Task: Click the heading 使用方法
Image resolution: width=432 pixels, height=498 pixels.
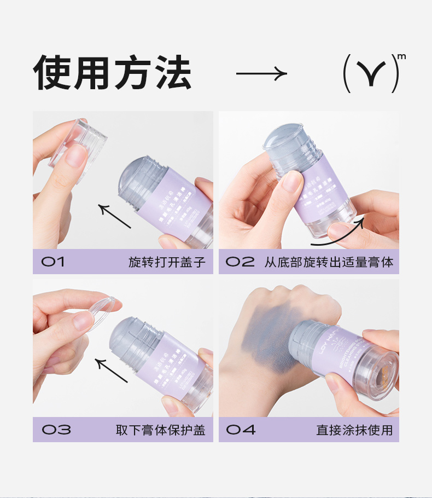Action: pos(112,73)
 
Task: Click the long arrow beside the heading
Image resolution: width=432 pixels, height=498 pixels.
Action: pos(261,73)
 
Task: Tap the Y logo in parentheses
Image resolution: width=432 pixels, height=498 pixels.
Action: pos(371,73)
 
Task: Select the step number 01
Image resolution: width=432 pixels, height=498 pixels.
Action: pos(53,262)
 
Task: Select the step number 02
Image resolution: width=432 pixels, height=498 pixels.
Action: pos(240,262)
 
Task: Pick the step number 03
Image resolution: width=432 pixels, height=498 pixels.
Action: pos(56,430)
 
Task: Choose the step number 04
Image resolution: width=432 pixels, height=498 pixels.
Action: pos(241,430)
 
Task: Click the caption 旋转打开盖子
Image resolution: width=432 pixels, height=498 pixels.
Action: pos(167,262)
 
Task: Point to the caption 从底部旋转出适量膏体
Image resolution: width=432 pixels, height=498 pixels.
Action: pos(329,262)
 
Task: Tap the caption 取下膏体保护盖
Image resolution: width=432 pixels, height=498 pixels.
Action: pos(160,430)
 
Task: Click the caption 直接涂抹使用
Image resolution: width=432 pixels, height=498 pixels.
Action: pos(354,430)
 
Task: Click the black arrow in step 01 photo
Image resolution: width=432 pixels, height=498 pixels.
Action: pos(114,216)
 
